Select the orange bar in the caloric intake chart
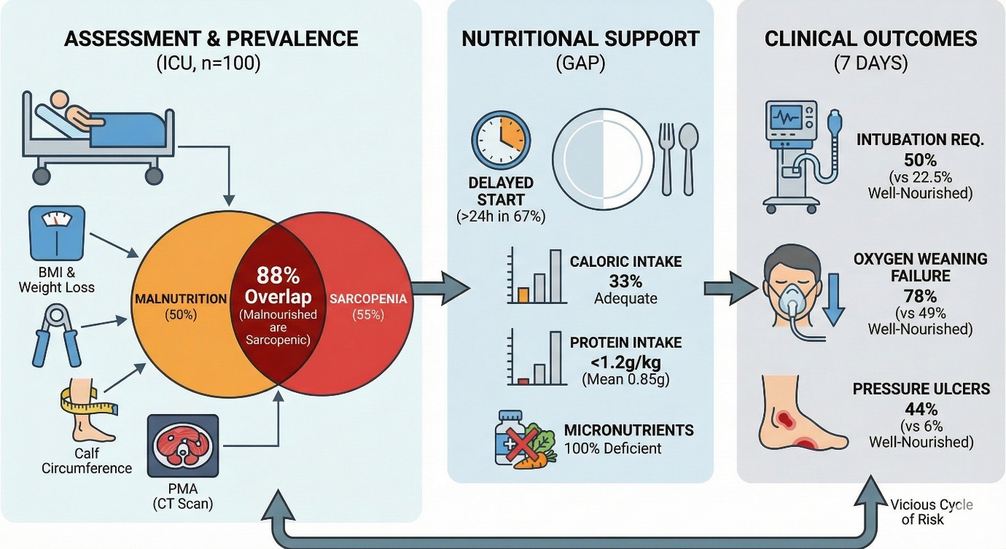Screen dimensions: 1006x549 522,295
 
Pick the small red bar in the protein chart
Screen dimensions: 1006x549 522,381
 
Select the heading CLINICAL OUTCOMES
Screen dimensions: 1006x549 871,39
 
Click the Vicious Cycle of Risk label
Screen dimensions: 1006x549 931,512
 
